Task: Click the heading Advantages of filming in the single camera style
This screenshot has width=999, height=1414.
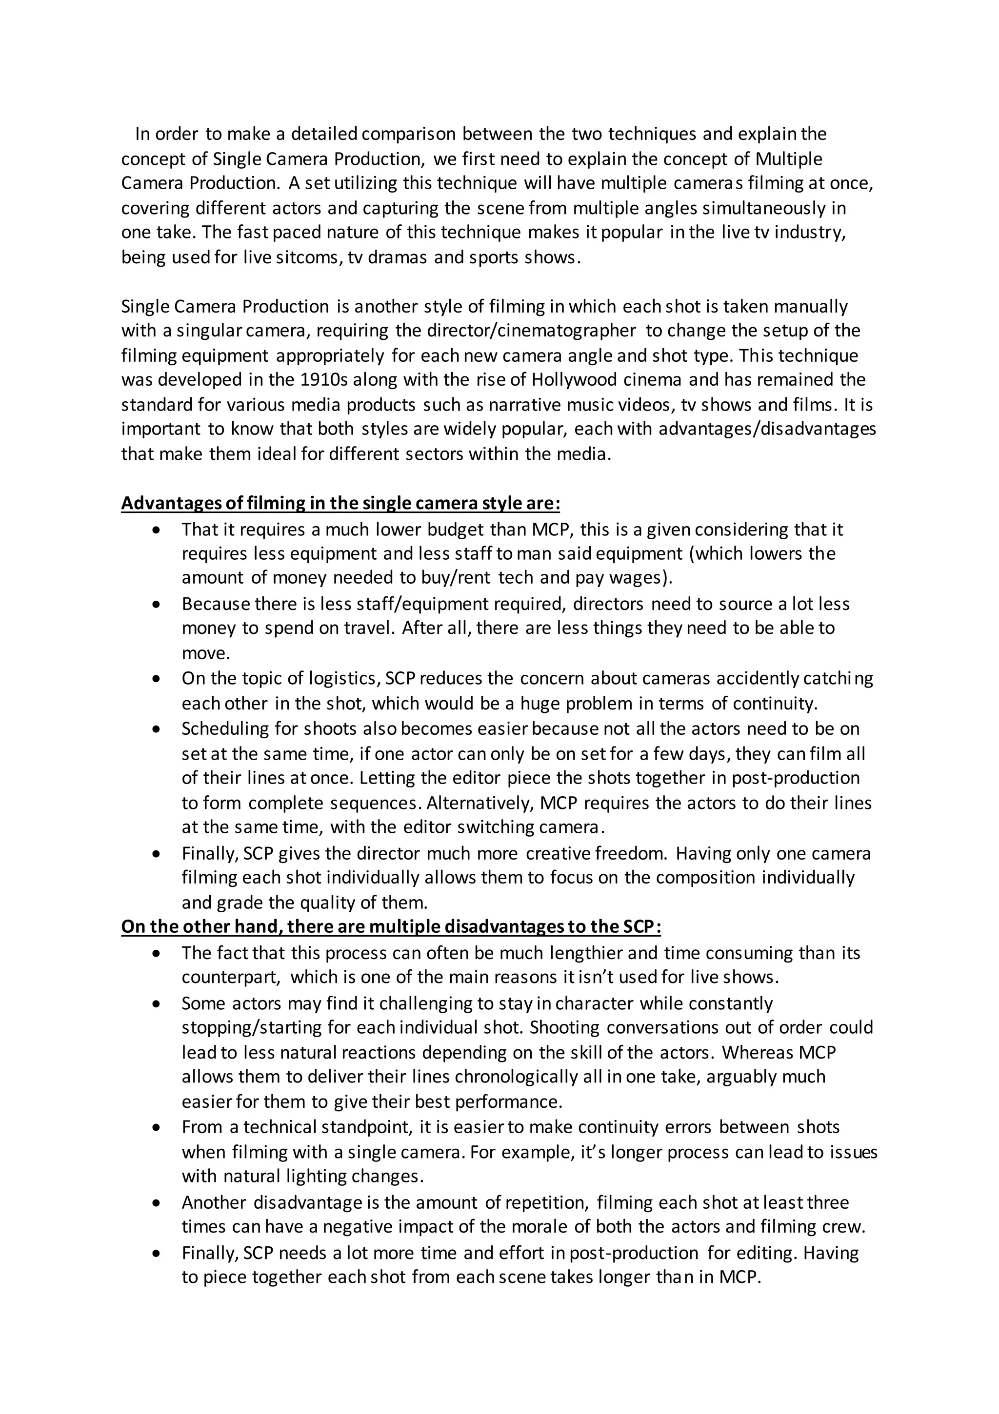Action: [x=340, y=503]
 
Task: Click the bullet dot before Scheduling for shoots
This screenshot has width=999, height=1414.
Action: [x=158, y=729]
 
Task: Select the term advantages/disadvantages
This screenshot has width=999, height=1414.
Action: [x=767, y=429]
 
